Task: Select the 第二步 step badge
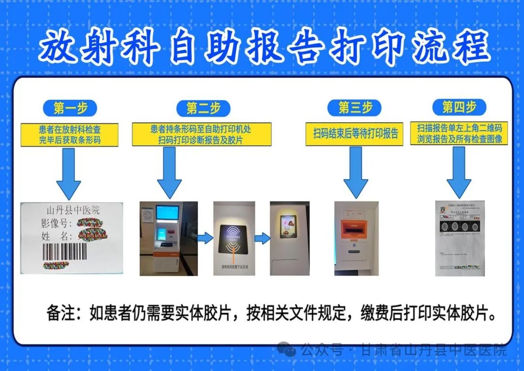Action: point(203,108)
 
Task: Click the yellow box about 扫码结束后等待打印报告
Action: point(354,134)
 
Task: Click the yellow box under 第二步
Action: point(201,135)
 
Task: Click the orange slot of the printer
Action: point(356,228)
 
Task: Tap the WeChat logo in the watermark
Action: point(287,349)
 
